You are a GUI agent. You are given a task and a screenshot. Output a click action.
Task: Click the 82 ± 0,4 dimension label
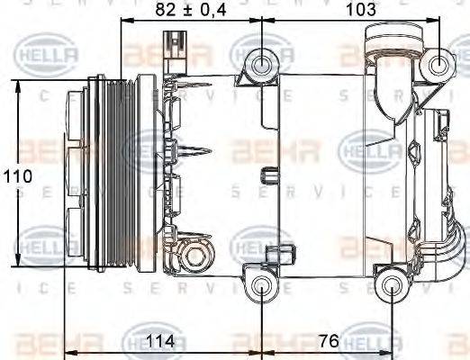point(188,11)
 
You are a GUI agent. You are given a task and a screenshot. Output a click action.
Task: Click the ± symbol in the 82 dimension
point(189,11)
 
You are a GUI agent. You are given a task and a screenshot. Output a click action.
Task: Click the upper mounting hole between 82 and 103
point(262,63)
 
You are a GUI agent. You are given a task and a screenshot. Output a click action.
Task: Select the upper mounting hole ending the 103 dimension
point(440,63)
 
